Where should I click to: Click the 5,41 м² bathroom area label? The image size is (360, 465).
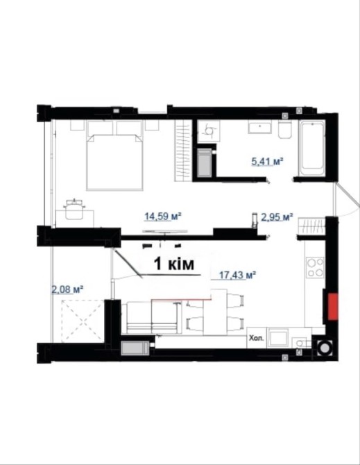(267, 162)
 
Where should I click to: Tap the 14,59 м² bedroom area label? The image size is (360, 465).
(163, 216)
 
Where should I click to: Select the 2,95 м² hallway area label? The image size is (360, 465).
(277, 217)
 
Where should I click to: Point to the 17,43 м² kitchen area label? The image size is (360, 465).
(237, 276)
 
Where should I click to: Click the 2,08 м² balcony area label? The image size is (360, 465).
(67, 289)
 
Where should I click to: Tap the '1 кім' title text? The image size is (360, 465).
(174, 264)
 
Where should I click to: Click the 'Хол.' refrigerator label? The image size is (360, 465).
(256, 338)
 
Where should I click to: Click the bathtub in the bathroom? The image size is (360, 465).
(311, 149)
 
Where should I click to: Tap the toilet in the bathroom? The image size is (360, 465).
(285, 129)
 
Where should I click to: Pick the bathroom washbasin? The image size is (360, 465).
(260, 127)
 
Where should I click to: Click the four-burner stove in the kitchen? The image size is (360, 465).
(315, 267)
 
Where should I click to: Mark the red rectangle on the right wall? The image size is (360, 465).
(332, 307)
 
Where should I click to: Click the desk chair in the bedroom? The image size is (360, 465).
(74, 209)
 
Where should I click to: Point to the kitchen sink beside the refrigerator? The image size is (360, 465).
(277, 338)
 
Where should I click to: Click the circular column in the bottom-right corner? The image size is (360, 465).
(324, 347)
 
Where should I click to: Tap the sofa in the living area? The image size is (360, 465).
(152, 317)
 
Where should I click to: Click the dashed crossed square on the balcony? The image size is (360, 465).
(83, 320)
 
